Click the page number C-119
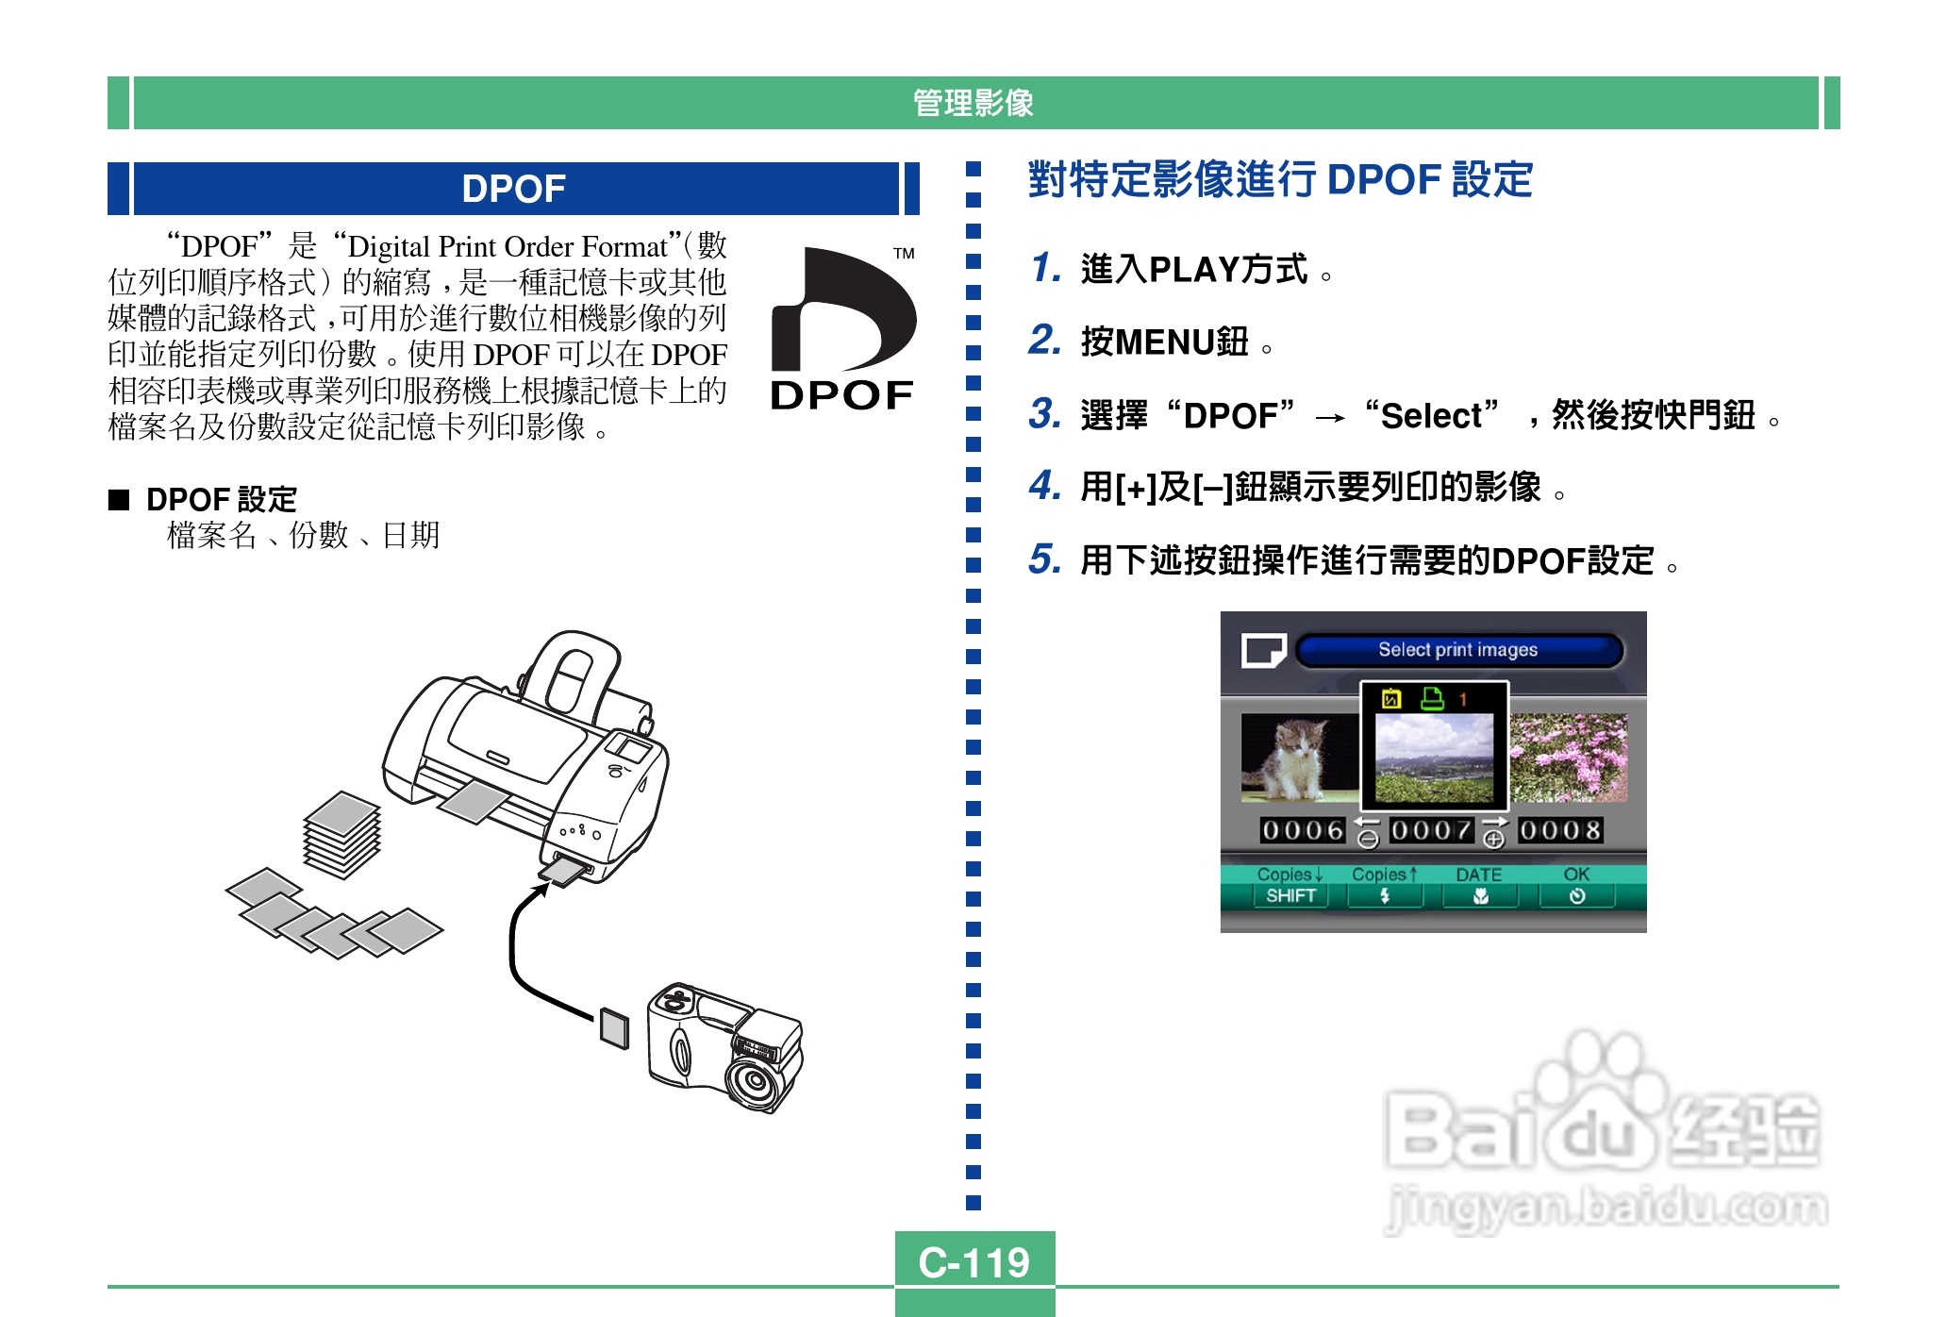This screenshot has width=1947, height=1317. pyautogui.click(x=973, y=1261)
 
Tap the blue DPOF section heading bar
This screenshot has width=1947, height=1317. pyautogui.click(x=514, y=189)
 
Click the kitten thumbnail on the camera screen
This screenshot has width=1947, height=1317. pyautogui.click(x=1298, y=758)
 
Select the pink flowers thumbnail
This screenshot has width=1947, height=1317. pyautogui.click(x=1568, y=758)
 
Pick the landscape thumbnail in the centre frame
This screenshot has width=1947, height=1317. pyautogui.click(x=1434, y=757)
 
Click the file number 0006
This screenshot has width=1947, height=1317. pyautogui.click(x=1302, y=830)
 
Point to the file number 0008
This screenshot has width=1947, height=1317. pyautogui.click(x=1559, y=830)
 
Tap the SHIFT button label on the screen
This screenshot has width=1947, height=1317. pyautogui.click(x=1290, y=895)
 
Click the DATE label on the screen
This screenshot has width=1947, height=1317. pyautogui.click(x=1478, y=875)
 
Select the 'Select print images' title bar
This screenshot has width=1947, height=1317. pyautogui.click(x=1457, y=650)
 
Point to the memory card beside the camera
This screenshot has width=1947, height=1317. pyautogui.click(x=614, y=1026)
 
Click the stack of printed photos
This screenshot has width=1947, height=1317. pyautogui.click(x=341, y=834)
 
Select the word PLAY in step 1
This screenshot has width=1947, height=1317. pyautogui.click(x=1193, y=270)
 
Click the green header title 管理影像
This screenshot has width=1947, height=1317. pyautogui.click(x=973, y=103)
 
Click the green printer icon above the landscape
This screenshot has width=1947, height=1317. pyautogui.click(x=1432, y=698)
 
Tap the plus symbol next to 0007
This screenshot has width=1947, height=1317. pyautogui.click(x=1493, y=839)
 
